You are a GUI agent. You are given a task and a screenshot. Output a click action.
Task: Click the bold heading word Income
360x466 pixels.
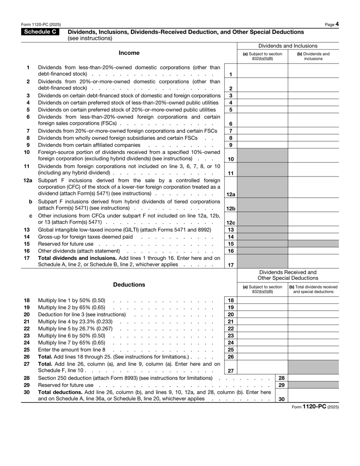129,53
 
